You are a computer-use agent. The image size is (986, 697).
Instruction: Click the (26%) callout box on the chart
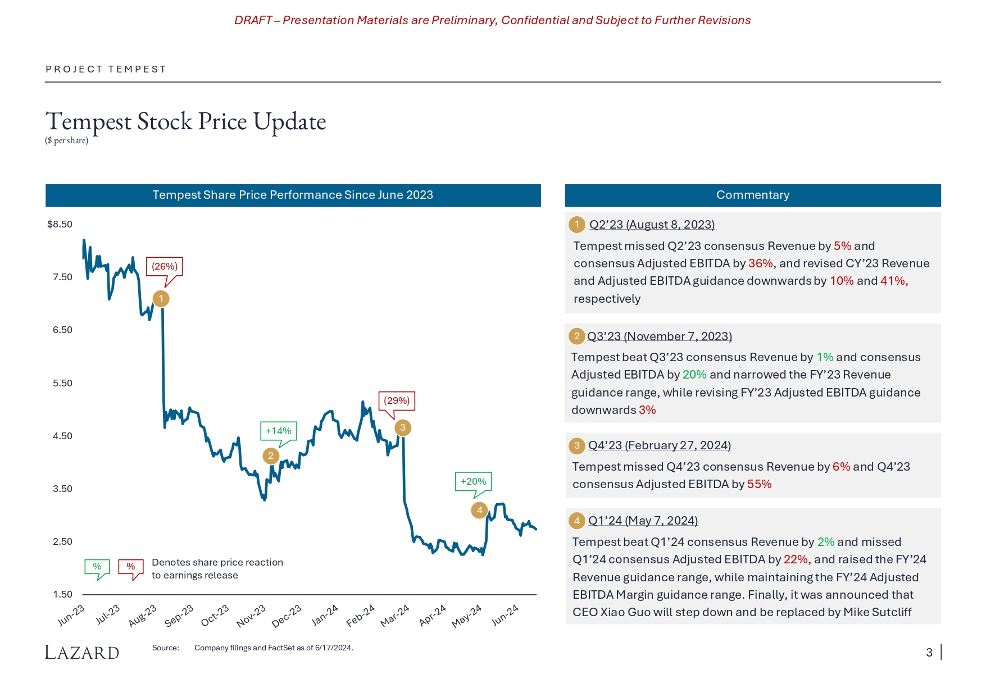coord(165,266)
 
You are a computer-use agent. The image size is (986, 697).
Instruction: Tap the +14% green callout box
coord(278,431)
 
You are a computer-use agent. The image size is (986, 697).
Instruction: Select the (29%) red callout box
coord(397,400)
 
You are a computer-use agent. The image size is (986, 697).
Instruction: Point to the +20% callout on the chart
coord(473,481)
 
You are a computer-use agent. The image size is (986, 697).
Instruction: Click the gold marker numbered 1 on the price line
coord(161,298)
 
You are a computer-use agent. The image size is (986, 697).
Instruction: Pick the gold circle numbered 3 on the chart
coord(402,427)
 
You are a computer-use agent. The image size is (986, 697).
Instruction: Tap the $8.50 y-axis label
coord(60,224)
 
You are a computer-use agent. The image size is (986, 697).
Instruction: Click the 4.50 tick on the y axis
coord(62,436)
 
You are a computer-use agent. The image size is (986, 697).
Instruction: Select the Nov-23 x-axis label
coord(251,616)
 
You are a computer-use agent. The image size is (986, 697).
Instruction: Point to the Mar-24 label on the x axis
coord(394,616)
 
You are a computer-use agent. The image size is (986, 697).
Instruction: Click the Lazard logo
coord(82,652)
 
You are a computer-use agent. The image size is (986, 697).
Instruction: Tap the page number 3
coord(929,652)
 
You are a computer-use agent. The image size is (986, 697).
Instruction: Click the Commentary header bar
coord(752,195)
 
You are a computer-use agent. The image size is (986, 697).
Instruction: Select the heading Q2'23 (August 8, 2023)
coord(652,225)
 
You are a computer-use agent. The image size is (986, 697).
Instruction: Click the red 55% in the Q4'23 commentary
coord(759,484)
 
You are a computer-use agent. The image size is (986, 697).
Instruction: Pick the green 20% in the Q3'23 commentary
coord(694,375)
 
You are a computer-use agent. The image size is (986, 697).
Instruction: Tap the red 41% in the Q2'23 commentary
coord(893,281)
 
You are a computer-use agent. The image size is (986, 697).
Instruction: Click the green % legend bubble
coord(97,567)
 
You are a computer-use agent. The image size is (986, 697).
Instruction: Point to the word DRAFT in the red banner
coord(253,20)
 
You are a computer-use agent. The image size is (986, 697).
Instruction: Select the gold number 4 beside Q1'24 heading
coord(576,521)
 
